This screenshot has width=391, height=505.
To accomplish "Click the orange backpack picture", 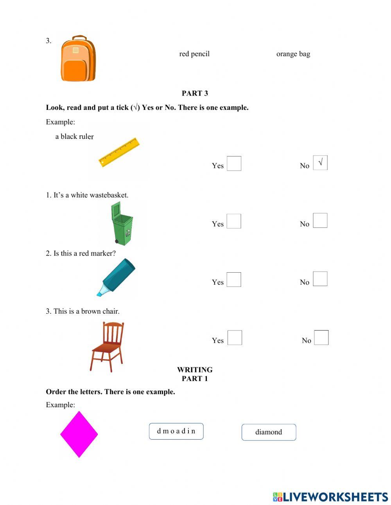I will click(x=78, y=59).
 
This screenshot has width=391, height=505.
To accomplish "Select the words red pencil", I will click(x=194, y=54).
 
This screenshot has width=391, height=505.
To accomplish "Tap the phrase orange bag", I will click(x=293, y=54).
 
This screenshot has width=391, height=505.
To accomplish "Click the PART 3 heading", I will click(x=195, y=93).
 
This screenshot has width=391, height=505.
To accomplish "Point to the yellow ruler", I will click(x=119, y=152).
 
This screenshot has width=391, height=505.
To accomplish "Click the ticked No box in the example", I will click(x=320, y=163).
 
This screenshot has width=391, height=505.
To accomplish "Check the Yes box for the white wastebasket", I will click(x=234, y=221).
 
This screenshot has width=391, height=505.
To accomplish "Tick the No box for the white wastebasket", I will click(x=320, y=221).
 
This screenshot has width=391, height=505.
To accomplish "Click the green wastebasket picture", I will click(x=122, y=224).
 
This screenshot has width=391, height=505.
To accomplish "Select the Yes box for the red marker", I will click(x=234, y=280).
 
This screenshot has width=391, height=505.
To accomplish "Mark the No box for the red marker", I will click(x=320, y=279).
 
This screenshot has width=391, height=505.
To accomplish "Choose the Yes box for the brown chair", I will click(x=235, y=338).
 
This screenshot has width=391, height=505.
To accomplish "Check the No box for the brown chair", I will click(x=321, y=338).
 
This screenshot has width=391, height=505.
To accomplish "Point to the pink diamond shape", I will click(x=79, y=434).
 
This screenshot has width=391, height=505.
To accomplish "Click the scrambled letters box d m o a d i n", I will click(x=176, y=431).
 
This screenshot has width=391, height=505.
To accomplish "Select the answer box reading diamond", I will click(x=269, y=432).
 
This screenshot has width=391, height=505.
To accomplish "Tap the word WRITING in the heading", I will click(x=195, y=370).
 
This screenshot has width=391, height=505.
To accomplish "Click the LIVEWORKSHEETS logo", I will click(x=330, y=497).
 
